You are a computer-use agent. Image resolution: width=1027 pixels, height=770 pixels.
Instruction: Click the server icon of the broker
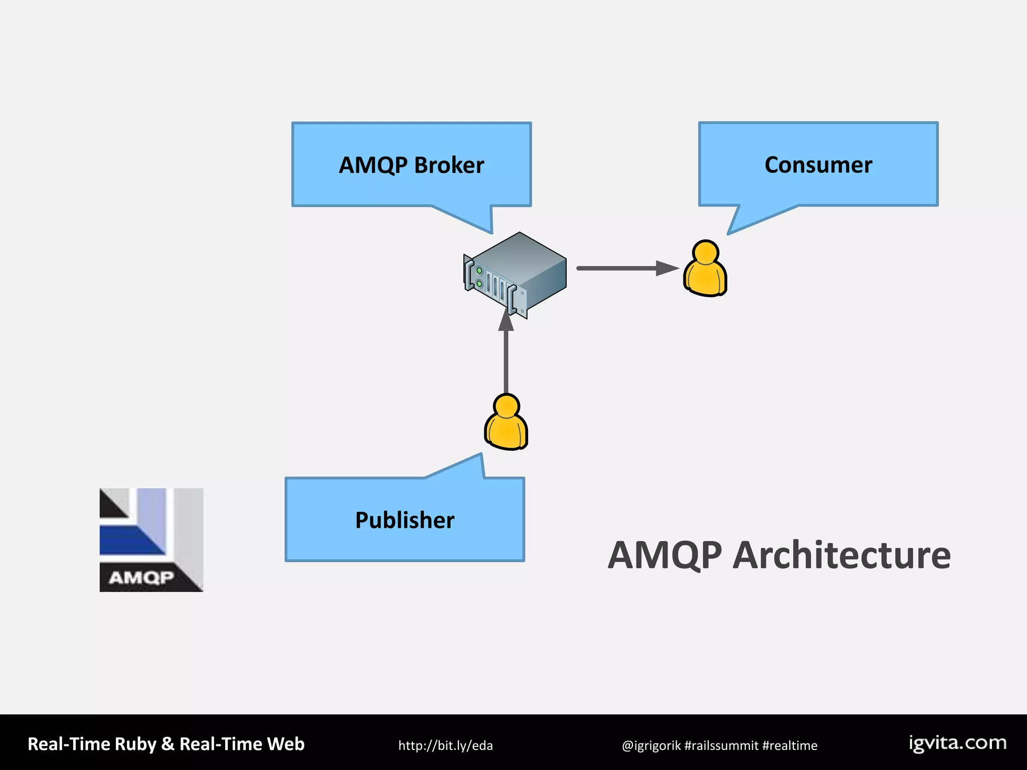tap(517, 273)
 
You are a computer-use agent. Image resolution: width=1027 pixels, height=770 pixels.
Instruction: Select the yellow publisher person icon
tap(506, 423)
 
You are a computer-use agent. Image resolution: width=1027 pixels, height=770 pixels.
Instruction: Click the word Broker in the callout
tap(449, 165)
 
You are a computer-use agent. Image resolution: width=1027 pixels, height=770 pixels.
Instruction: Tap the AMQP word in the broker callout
tap(373, 165)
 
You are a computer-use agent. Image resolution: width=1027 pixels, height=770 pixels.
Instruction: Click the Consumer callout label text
tap(818, 165)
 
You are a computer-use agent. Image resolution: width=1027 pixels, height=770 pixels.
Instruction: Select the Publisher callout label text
tap(405, 520)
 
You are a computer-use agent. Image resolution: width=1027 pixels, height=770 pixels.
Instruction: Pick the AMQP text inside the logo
tap(141, 577)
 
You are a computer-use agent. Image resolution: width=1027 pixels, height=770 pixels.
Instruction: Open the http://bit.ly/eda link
tap(445, 745)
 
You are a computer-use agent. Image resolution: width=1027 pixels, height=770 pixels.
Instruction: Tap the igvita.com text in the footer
tap(957, 743)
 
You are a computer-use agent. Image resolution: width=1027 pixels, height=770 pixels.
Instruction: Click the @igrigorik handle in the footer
tap(651, 745)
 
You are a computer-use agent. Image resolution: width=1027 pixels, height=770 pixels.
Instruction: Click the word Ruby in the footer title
tap(135, 744)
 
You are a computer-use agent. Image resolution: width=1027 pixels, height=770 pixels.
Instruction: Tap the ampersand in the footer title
tap(167, 744)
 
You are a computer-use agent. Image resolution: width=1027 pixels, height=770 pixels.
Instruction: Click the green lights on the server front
tap(479, 277)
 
